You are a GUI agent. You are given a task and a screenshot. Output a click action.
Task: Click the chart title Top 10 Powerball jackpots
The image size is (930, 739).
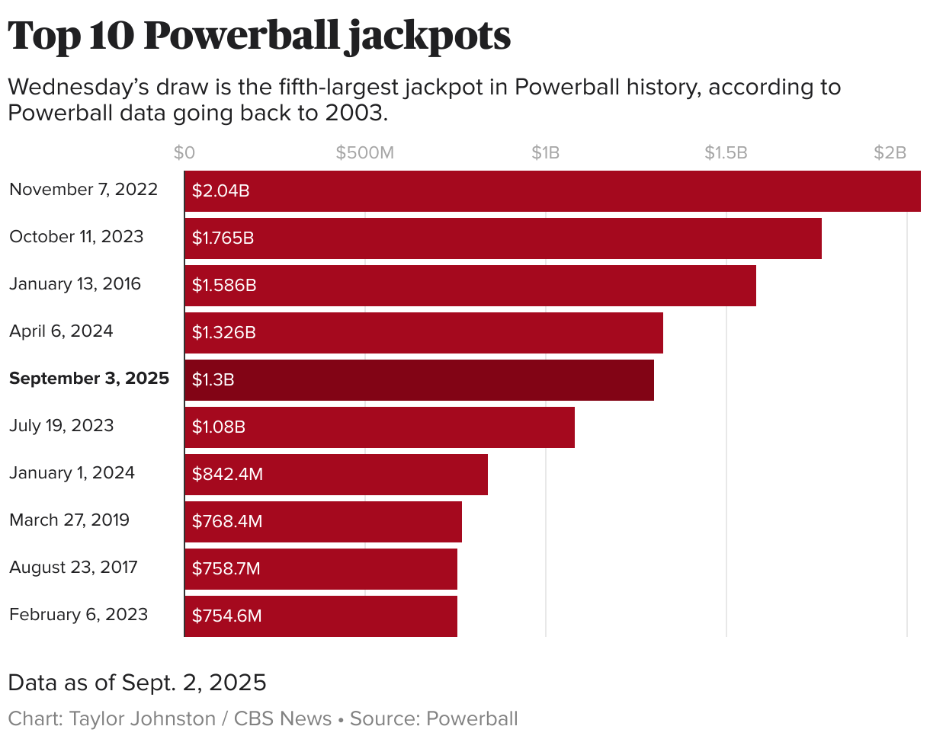pyautogui.click(x=259, y=36)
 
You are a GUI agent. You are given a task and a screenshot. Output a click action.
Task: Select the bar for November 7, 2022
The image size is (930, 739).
pyautogui.click(x=552, y=190)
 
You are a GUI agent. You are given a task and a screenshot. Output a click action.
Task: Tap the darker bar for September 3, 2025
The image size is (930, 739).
pyautogui.click(x=419, y=379)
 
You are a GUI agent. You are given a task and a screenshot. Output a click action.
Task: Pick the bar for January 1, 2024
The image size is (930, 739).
pyautogui.click(x=335, y=474)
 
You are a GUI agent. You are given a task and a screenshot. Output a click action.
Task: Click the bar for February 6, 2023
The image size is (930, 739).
pyautogui.click(x=320, y=616)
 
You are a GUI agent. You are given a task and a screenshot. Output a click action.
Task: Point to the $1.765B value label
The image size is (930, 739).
pyautogui.click(x=223, y=238)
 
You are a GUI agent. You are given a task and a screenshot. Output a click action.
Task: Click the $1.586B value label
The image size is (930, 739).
pyautogui.click(x=223, y=285)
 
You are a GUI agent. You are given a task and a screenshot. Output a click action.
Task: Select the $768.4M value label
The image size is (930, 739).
pyautogui.click(x=226, y=521)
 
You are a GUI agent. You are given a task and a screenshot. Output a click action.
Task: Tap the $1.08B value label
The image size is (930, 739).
pyautogui.click(x=218, y=427)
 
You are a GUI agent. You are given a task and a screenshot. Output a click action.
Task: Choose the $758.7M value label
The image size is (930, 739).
pyautogui.click(x=226, y=568)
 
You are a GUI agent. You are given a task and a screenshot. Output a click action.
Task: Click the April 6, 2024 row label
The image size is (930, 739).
pyautogui.click(x=61, y=331)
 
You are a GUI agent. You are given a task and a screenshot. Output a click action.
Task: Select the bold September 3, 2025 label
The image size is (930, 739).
pyautogui.click(x=89, y=379)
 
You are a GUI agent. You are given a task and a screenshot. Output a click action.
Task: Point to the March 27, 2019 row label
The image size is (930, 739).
pyautogui.click(x=69, y=520)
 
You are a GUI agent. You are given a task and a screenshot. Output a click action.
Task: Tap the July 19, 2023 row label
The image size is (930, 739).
pyautogui.click(x=61, y=426)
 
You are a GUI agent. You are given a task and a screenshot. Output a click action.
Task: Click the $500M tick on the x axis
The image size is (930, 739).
pyautogui.click(x=365, y=152)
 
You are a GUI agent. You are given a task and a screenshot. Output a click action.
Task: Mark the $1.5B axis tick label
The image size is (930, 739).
pyautogui.click(x=726, y=152)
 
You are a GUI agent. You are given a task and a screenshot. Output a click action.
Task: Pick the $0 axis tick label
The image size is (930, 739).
pyautogui.click(x=184, y=152)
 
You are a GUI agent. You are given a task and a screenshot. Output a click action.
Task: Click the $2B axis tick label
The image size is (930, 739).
pyautogui.click(x=890, y=152)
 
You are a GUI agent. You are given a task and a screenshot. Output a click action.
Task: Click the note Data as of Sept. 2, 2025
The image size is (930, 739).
pyautogui.click(x=137, y=683)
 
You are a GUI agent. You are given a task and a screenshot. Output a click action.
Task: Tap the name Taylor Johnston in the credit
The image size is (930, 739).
pyautogui.click(x=143, y=718)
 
